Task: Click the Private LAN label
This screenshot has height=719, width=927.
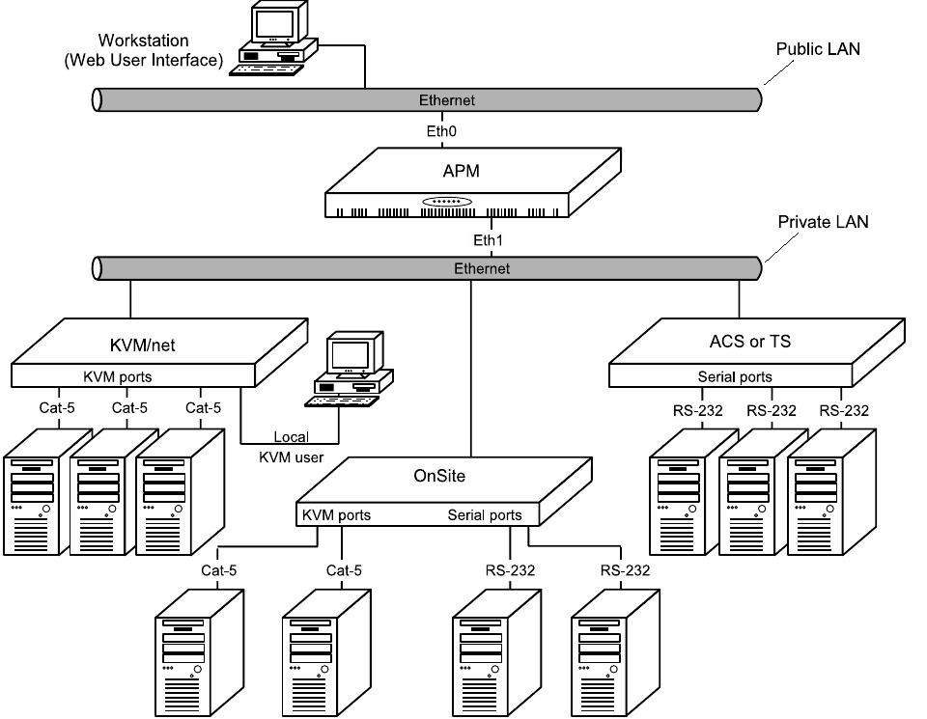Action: [x=823, y=222]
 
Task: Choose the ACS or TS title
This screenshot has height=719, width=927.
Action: [x=744, y=341]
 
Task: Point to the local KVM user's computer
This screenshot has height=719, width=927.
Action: [x=349, y=372]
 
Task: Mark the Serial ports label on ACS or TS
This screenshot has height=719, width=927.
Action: [x=735, y=376]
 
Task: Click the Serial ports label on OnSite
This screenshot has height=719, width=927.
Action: [x=485, y=515]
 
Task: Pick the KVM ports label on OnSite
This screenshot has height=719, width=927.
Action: [x=336, y=515]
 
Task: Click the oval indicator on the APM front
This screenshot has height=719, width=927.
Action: [x=446, y=202]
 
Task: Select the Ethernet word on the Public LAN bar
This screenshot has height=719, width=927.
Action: [x=446, y=100]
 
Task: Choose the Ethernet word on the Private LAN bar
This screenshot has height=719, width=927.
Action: [x=481, y=268]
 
